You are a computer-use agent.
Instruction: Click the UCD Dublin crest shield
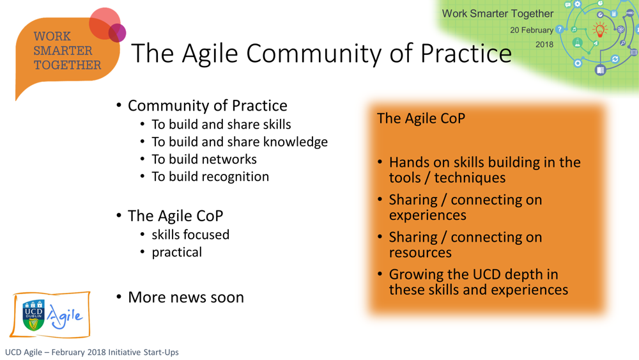(34, 315)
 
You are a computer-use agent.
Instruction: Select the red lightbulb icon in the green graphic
(599, 30)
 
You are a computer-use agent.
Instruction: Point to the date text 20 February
(532, 30)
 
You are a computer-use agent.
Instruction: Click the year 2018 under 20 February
(544, 44)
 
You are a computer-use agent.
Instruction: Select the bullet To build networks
(204, 159)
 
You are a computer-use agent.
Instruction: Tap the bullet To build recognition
(210, 176)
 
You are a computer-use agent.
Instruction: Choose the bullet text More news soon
(186, 297)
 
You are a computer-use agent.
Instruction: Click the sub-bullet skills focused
(190, 235)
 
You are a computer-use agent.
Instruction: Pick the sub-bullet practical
(176, 253)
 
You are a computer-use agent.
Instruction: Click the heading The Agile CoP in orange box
(421, 118)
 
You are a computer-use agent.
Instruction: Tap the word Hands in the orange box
(409, 162)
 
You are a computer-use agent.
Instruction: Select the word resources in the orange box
(420, 253)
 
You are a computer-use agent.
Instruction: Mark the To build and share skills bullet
(221, 124)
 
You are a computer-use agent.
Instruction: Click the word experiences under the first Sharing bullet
(427, 215)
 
